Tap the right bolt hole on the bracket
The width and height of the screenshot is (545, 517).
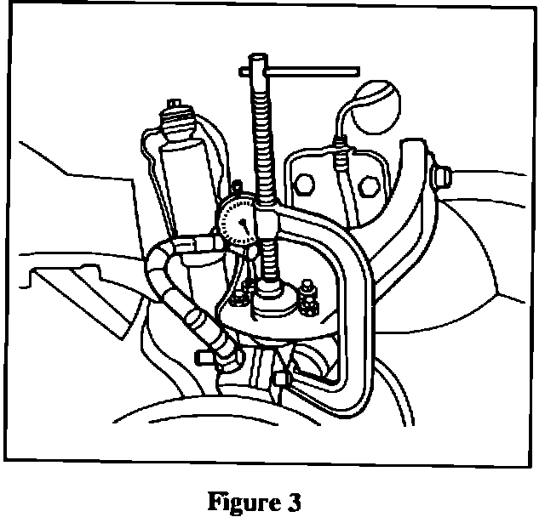[x=369, y=184]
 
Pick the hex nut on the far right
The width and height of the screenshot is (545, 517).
[x=440, y=177]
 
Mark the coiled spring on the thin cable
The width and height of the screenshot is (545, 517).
[x=341, y=157]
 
